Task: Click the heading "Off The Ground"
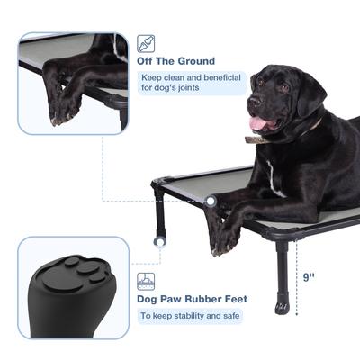point(175,61)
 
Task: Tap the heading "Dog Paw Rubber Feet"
point(191,299)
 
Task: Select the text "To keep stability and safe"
point(189,316)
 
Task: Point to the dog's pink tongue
point(258,122)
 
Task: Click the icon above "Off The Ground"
point(145,42)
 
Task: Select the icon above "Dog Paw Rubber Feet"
point(145,280)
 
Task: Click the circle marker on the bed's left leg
point(161,240)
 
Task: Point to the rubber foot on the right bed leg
point(283,306)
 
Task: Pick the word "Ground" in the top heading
point(196,61)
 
